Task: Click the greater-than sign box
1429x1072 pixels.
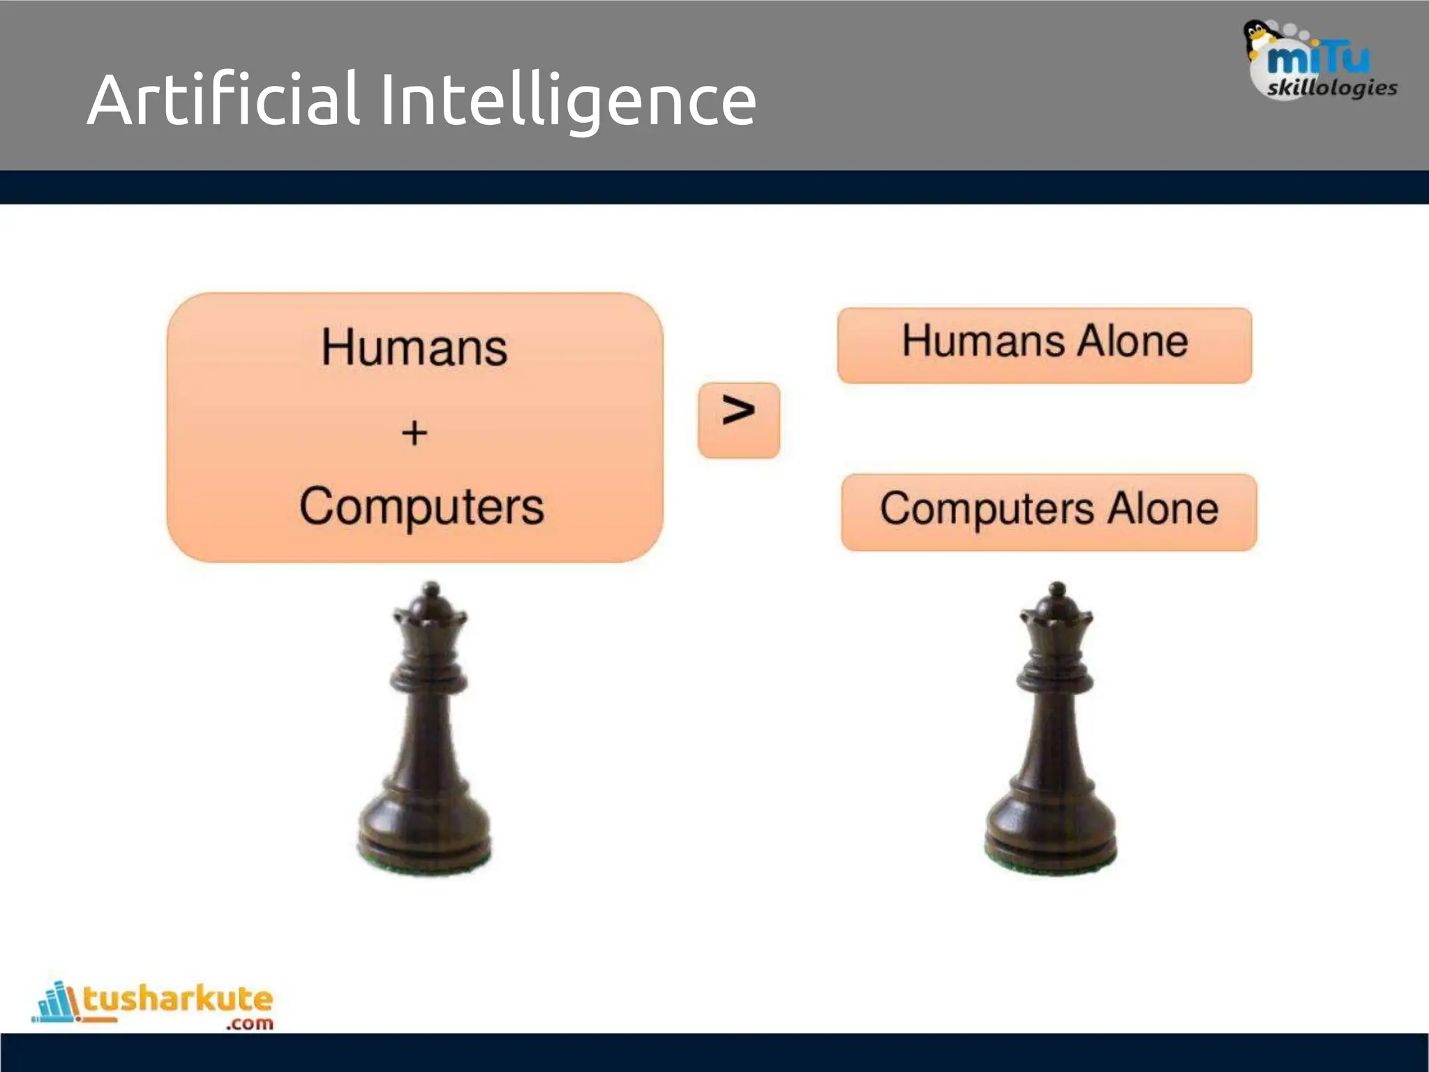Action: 738,420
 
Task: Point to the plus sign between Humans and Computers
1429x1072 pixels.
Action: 414,433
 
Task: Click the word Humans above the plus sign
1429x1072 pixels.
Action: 414,347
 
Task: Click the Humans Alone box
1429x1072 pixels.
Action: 1045,345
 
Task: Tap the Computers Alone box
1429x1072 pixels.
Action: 1049,512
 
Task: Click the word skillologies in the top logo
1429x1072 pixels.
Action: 1331,88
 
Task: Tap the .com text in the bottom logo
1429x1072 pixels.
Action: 250,1024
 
